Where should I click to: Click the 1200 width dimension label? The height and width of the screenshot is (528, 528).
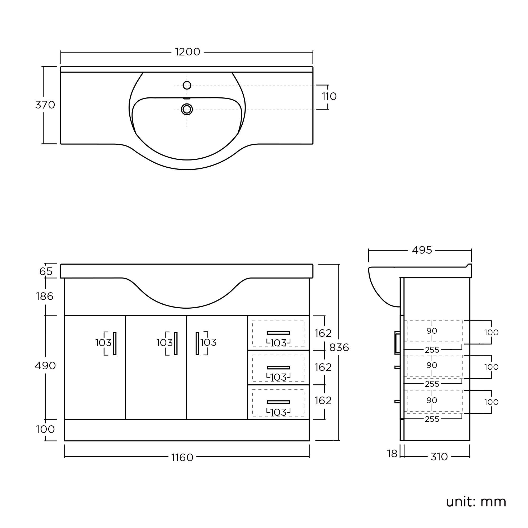187,52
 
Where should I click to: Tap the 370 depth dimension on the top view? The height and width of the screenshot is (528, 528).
45,105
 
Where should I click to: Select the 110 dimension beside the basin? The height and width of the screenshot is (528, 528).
329,96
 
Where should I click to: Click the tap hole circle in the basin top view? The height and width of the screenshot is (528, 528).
187,85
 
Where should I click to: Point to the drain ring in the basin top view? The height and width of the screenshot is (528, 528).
187,109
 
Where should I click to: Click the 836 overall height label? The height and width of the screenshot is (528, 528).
339,348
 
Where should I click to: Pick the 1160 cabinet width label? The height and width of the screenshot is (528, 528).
182,458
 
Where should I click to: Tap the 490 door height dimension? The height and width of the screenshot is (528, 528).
45,366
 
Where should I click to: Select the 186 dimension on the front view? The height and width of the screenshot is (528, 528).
45,296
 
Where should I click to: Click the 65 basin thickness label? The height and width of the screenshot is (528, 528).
46,272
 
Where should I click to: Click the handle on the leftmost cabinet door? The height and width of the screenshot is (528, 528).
115,343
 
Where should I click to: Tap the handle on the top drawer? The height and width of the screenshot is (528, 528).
278,333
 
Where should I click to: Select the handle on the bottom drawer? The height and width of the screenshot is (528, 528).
278,402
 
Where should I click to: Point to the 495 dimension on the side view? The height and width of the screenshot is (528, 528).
422,250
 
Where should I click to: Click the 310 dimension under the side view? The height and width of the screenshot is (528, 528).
439,457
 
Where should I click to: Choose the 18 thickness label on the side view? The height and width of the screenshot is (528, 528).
392,454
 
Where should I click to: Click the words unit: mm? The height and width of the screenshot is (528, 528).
476,502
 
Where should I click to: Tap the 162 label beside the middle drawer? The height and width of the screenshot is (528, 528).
323,367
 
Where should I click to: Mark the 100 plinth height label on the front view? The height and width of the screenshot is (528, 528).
45,430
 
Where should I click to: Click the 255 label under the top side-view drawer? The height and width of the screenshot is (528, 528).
432,350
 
